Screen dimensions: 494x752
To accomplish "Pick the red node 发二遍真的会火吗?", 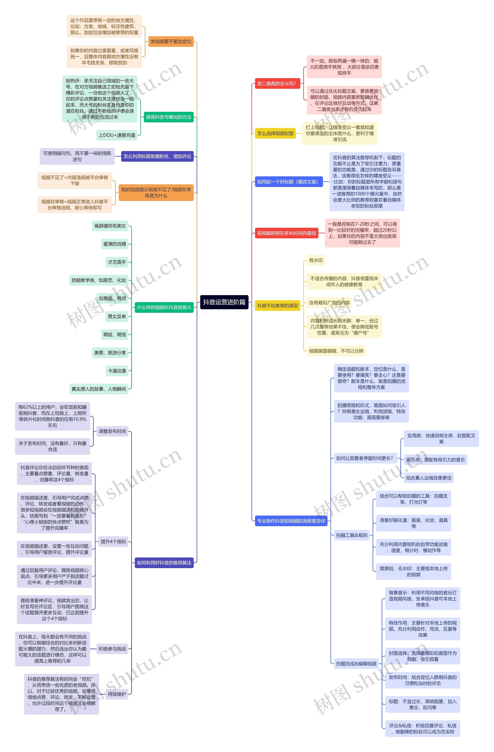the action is coord(277,83).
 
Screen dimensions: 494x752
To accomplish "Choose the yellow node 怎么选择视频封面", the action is coord(275,133).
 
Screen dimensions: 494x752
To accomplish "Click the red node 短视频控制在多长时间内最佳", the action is coord(286,233).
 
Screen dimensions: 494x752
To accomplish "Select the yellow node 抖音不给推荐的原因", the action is coord(277,306).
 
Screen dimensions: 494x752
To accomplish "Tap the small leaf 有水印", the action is coord(316,260).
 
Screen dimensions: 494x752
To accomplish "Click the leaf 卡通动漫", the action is coord(117,371).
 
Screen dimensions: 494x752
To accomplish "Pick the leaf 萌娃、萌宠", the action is coord(115,335).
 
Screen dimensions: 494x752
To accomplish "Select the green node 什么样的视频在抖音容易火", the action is coord(164,308).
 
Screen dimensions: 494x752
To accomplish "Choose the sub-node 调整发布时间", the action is coord(112,431).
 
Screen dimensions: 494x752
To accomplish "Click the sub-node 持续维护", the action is coord(117,694).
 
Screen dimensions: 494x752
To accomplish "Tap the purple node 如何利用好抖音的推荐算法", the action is coord(164,563).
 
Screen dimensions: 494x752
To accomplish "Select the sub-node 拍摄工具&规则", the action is coord(352,535).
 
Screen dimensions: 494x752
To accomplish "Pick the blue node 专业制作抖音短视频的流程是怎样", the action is coord(291,521).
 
